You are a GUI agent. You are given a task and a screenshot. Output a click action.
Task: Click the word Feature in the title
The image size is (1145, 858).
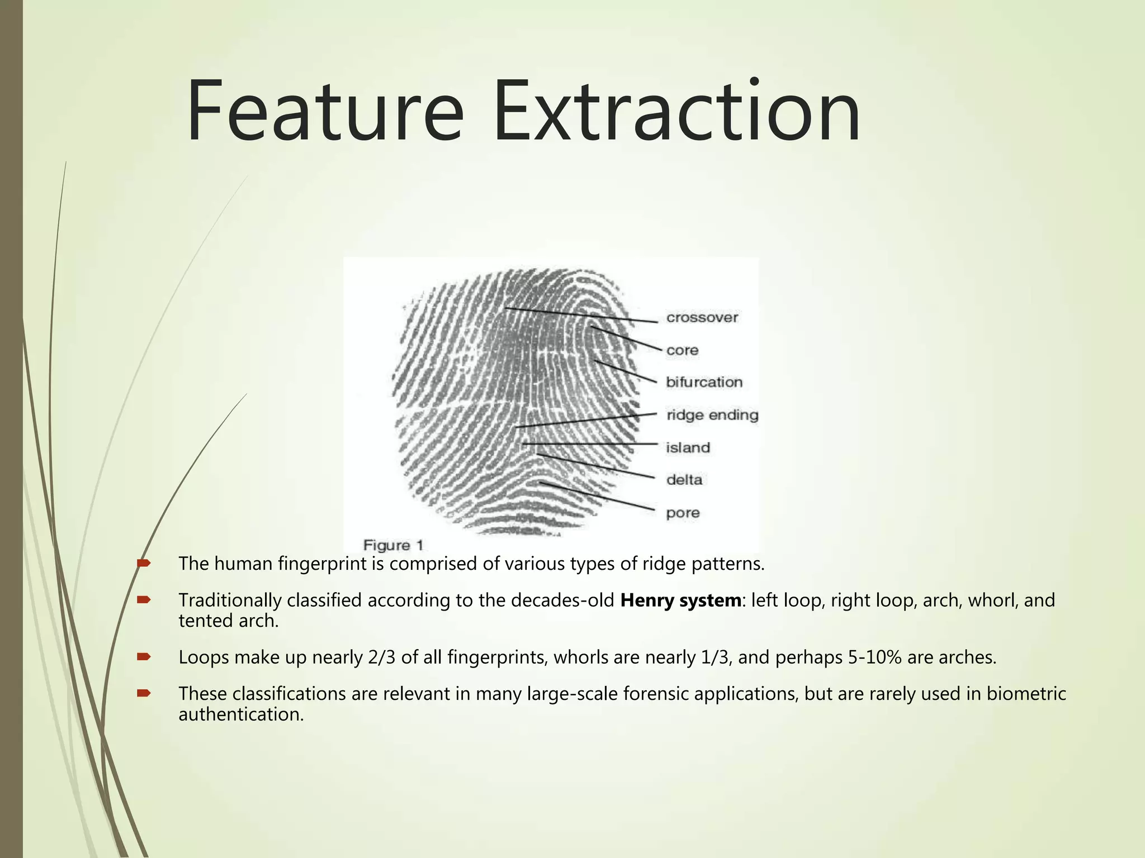324,112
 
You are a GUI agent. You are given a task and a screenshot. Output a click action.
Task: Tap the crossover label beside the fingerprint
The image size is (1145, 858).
702,318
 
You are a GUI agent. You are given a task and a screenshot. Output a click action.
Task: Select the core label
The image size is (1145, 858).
682,350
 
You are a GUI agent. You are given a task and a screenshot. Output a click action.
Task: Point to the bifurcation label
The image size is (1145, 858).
704,382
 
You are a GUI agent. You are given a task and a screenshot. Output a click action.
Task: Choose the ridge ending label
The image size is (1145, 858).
712,415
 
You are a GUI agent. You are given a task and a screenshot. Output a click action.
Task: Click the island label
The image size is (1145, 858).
688,447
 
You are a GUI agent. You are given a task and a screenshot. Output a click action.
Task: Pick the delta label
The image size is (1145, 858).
684,480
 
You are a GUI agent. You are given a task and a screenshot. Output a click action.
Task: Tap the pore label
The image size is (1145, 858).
683,513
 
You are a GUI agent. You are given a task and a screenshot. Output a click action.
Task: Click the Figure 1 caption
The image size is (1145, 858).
393,545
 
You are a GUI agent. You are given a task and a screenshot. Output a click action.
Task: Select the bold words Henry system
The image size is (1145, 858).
680,600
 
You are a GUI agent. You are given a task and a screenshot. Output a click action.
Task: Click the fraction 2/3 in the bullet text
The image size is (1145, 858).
382,657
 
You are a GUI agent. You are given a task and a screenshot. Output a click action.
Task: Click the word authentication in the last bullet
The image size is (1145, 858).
241,714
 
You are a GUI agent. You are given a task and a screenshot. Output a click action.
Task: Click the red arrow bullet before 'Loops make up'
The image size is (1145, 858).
144,657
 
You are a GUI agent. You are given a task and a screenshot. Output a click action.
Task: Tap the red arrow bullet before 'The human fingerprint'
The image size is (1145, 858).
144,563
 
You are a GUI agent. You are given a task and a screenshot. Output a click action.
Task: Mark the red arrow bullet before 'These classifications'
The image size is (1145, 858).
144,693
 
